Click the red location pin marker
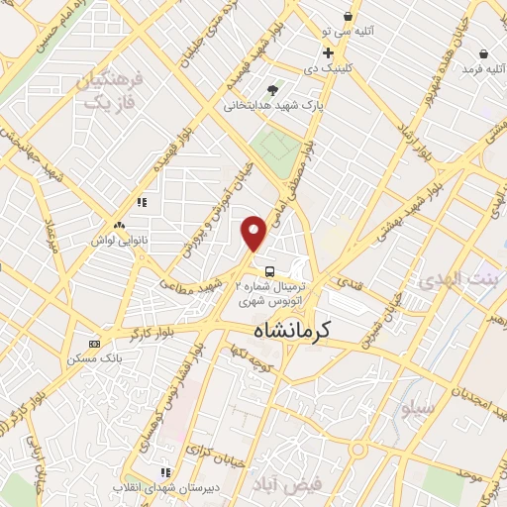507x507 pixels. pyautogui.click(x=254, y=234)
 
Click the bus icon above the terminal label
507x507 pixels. pyautogui.click(x=268, y=270)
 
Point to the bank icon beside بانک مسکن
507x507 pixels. pyautogui.click(x=94, y=344)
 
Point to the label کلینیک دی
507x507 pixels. pyautogui.click(x=322, y=69)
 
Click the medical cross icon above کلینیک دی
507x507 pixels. pyautogui.click(x=328, y=52)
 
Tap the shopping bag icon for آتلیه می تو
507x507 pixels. pyautogui.click(x=348, y=17)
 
